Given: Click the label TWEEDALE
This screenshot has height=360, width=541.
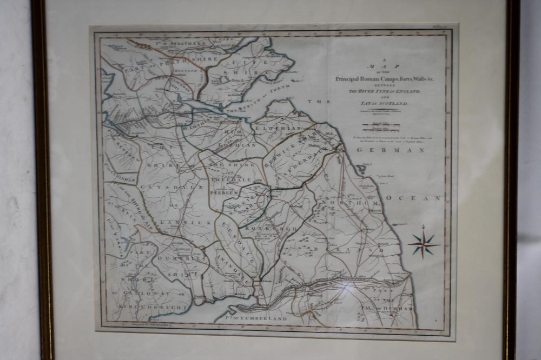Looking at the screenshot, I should click(229, 179).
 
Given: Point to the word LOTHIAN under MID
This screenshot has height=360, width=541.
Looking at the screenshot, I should click(237, 145).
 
